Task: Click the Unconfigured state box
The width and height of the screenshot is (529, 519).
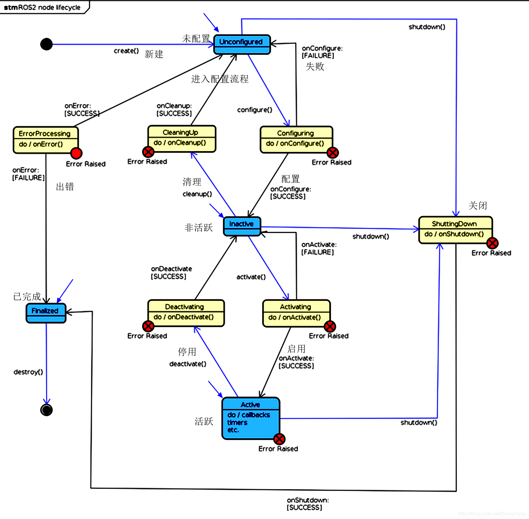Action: [x=242, y=44]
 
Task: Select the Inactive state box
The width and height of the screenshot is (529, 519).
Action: [x=242, y=226]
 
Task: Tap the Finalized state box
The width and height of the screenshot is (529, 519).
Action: [x=46, y=313]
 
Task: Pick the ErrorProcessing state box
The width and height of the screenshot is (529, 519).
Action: [x=46, y=140]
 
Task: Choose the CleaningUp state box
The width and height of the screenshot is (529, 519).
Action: [x=182, y=138]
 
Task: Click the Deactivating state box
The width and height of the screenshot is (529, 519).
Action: [x=186, y=313]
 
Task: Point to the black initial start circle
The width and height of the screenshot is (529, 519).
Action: [x=46, y=44]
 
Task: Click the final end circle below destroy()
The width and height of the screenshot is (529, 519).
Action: [x=46, y=410]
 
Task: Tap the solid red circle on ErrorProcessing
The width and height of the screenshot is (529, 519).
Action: [x=76, y=153]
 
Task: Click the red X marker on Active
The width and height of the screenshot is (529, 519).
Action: [x=279, y=439]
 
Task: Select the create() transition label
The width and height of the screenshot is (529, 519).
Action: [x=126, y=51]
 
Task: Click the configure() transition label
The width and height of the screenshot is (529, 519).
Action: [x=255, y=110]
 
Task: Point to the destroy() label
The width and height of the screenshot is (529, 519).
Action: [x=28, y=372]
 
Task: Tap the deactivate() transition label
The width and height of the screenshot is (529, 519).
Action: [x=188, y=364]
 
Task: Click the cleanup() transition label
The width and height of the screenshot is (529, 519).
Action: [x=197, y=194]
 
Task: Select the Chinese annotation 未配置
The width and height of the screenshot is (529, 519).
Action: [x=196, y=39]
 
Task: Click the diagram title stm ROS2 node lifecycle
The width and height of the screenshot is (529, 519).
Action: [x=42, y=7]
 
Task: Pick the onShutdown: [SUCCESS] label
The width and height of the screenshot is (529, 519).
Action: [x=307, y=504]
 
